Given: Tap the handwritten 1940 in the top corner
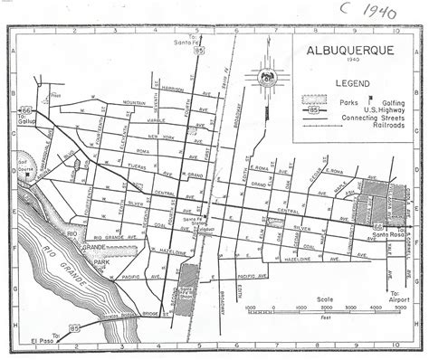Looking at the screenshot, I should tap(384, 14).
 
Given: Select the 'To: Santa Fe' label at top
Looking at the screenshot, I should tap(186, 43).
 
